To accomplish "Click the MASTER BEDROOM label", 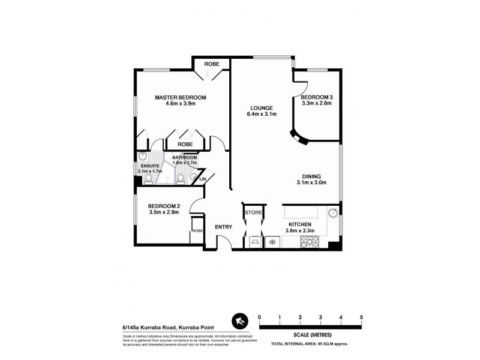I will coord(181,97).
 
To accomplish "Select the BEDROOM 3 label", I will coord(316,97).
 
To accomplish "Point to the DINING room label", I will coord(315,175).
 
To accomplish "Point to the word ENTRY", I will coord(224,227).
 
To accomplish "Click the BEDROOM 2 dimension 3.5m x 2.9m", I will coord(164,212).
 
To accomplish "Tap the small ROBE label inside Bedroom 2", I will coord(196,231).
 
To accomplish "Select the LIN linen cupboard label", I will coord(203,178).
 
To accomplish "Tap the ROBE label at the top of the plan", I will coord(211,64).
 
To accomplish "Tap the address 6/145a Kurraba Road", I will coord(145,328).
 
